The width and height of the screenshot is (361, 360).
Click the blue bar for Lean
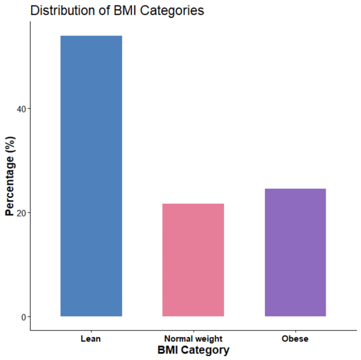91,176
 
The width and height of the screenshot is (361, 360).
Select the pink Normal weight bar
193,260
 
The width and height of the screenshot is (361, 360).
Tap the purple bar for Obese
295,252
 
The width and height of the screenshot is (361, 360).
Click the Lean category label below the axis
91,338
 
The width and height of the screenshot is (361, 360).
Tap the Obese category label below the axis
295,338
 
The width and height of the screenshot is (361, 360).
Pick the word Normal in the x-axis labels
178,338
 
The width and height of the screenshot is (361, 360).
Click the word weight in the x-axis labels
209,338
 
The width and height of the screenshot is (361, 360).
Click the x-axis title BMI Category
193,350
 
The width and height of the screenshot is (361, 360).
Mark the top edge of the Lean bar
91,36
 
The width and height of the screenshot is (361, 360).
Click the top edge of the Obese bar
295,189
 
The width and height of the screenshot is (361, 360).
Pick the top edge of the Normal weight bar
193,204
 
